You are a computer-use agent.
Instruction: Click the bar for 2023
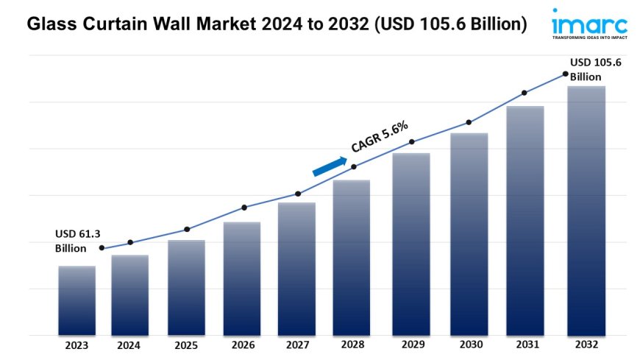pyautogui.click(x=77, y=300)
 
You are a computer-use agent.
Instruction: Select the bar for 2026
pyautogui.click(x=242, y=278)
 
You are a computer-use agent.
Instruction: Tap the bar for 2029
pyautogui.click(x=411, y=244)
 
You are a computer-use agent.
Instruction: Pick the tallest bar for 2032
pyautogui.click(x=586, y=211)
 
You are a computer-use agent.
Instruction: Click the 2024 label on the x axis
pyautogui.click(x=129, y=345)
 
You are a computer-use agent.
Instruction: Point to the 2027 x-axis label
pyautogui.click(x=296, y=345)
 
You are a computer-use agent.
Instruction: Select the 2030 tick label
pyautogui.click(x=469, y=345)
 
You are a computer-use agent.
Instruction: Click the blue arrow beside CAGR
pyautogui.click(x=330, y=166)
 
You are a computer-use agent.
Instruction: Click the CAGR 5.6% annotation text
pyautogui.click(x=380, y=137)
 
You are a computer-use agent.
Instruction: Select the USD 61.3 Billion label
pyautogui.click(x=76, y=241)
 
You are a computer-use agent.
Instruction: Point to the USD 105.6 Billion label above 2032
pyautogui.click(x=596, y=70)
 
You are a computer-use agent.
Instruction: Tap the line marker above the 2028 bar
pyautogui.click(x=354, y=166)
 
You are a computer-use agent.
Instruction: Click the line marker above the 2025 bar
pyautogui.click(x=187, y=229)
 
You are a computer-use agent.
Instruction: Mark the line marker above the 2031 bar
pyautogui.click(x=525, y=93)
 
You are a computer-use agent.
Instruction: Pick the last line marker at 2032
pyautogui.click(x=565, y=74)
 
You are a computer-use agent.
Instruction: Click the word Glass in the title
pyautogui.click(x=51, y=24)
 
